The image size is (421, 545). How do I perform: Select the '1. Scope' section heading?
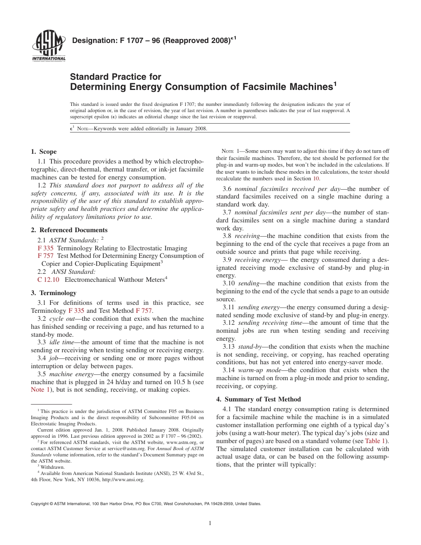pos(43,152)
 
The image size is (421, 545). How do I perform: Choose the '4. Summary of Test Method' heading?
pos(258,399)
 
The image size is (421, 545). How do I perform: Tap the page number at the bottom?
pos(210,523)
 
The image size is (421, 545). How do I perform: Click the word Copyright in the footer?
pos(40,504)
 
